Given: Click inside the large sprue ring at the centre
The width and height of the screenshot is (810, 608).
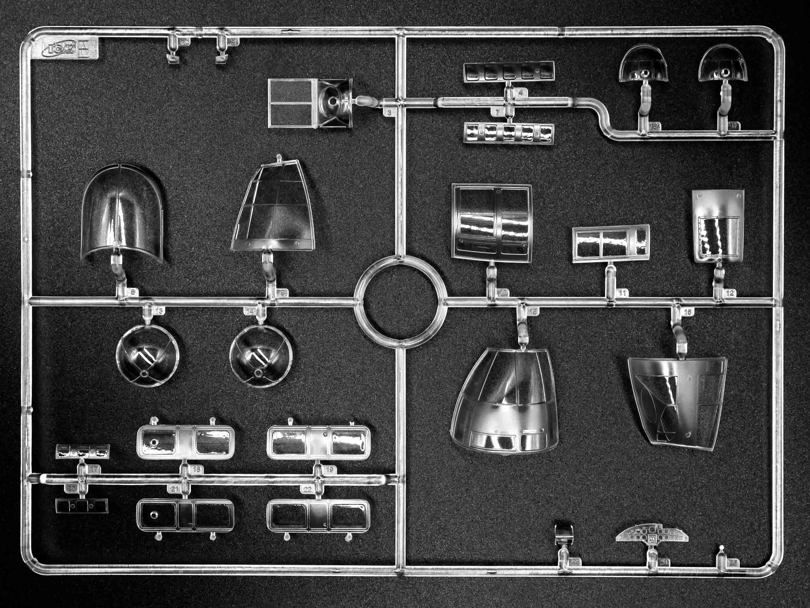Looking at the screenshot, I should coord(401,301).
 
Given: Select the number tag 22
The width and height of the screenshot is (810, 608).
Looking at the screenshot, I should coord(308,489).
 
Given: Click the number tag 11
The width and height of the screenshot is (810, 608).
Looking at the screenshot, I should coord(622,293).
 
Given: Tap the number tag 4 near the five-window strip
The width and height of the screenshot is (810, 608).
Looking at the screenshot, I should coord(521,93).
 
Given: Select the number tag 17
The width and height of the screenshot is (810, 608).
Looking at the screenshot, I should coord(94,469).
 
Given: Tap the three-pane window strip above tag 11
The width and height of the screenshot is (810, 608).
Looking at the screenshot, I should coord(611,243).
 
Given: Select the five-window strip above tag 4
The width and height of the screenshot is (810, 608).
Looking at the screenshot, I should coord(509,72).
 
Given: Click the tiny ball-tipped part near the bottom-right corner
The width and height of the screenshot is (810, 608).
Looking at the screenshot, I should coord(722,548).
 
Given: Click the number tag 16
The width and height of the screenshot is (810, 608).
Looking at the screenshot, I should coord(688,312).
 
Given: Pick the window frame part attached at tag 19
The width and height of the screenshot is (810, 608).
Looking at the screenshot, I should coord(318,442).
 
